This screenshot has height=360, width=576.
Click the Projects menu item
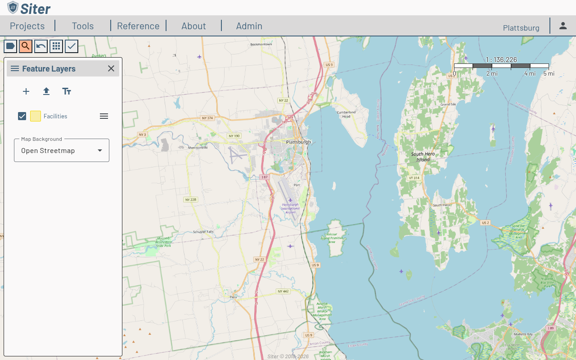(27, 26)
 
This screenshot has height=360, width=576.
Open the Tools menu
(83, 26)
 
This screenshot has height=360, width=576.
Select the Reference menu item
(138, 26)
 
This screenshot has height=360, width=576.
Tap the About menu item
(193, 26)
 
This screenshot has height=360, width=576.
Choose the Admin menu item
(249, 26)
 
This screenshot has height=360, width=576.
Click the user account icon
(563, 26)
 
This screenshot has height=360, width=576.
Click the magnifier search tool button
(26, 46)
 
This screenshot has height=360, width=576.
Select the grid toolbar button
(56, 46)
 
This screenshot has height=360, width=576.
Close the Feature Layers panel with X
(111, 68)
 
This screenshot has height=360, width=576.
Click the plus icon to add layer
(26, 91)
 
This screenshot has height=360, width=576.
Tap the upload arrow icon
(46, 91)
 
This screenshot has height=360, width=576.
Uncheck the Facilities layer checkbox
(22, 116)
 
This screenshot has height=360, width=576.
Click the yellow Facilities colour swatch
(36, 116)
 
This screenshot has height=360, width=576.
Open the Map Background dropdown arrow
(100, 150)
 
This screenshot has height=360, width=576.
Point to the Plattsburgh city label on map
(298, 142)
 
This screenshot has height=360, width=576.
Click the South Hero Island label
(423, 157)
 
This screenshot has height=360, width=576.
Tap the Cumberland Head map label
(346, 114)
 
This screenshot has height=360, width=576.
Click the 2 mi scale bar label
(491, 73)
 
